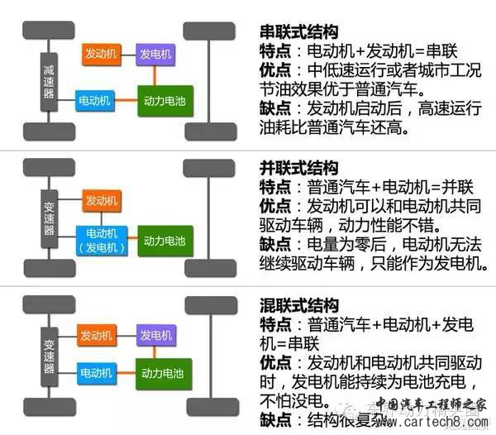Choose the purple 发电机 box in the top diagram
(x=156, y=53)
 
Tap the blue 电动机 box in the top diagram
(x=96, y=98)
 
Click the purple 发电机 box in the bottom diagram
(x=156, y=335)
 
